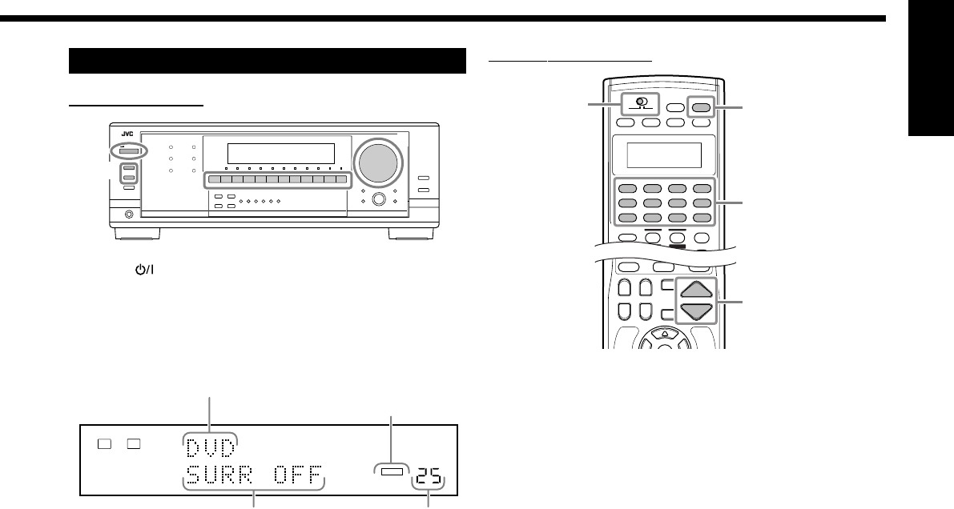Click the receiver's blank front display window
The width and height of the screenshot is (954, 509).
(280, 152)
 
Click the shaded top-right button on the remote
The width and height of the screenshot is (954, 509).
(700, 106)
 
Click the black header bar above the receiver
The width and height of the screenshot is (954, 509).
(268, 61)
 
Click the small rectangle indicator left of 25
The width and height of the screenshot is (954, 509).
(388, 473)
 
